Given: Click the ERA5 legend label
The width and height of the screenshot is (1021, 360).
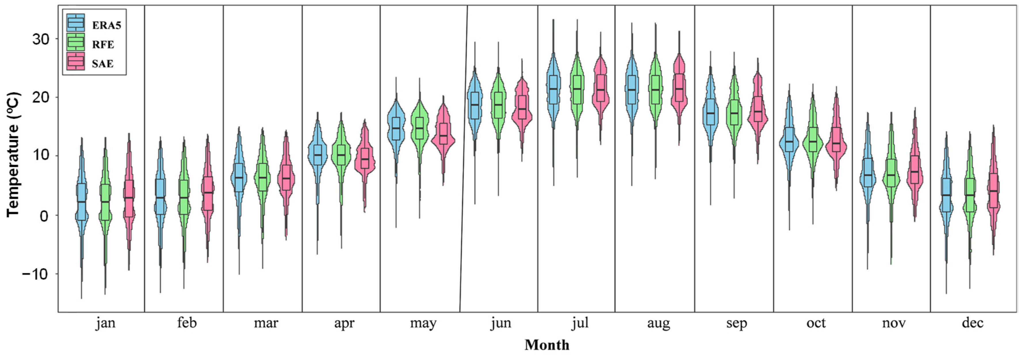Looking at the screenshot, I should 106,25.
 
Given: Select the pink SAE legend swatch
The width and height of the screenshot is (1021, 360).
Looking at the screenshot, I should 75,62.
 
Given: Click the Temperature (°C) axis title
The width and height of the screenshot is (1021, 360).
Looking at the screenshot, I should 13,155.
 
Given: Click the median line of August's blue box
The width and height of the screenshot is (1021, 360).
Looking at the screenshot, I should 632,89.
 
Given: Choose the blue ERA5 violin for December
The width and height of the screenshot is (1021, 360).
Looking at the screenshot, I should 946,198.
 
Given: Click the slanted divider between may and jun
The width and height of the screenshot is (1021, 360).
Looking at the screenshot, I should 464,159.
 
